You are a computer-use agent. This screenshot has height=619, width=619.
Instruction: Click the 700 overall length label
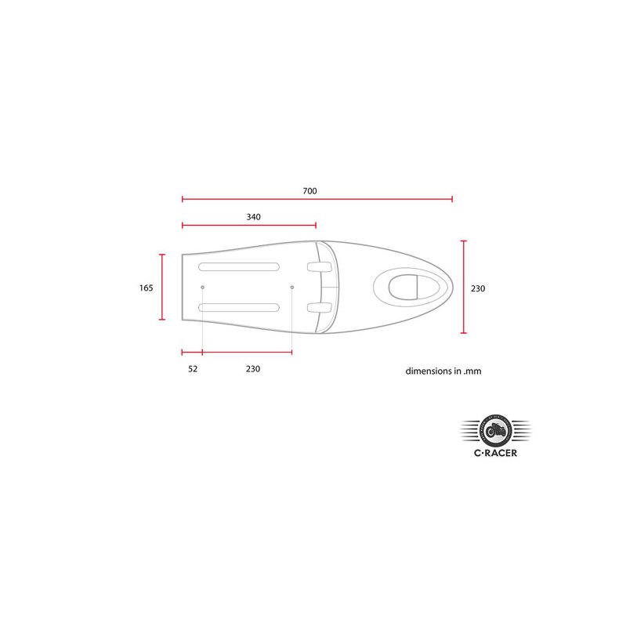[309, 190]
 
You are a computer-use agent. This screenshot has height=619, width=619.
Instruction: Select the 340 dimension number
[252, 216]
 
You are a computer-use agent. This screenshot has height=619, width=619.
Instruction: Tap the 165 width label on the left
[146, 288]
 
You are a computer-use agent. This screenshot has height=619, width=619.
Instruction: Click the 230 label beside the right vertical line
[478, 288]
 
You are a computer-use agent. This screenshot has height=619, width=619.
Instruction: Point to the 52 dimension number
[193, 368]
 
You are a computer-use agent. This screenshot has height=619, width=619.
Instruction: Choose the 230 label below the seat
[252, 368]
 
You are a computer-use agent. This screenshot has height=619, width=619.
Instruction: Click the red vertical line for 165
[162, 287]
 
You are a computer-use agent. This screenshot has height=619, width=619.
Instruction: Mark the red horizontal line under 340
[248, 226]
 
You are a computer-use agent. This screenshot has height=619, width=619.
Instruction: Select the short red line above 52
[192, 353]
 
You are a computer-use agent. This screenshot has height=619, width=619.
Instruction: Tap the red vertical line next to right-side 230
[463, 287]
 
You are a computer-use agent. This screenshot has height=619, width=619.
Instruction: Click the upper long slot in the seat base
[239, 266]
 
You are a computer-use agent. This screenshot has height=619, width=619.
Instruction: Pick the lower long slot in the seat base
[239, 307]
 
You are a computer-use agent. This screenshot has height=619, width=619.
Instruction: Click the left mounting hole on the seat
[202, 287]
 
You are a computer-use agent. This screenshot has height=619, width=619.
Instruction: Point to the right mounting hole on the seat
[292, 287]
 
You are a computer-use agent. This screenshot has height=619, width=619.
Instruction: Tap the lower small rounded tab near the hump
[315, 307]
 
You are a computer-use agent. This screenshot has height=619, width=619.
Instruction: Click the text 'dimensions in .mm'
[443, 371]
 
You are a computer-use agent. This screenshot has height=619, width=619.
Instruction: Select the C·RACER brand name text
[494, 452]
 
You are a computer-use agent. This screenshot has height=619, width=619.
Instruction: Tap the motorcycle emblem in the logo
[494, 429]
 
